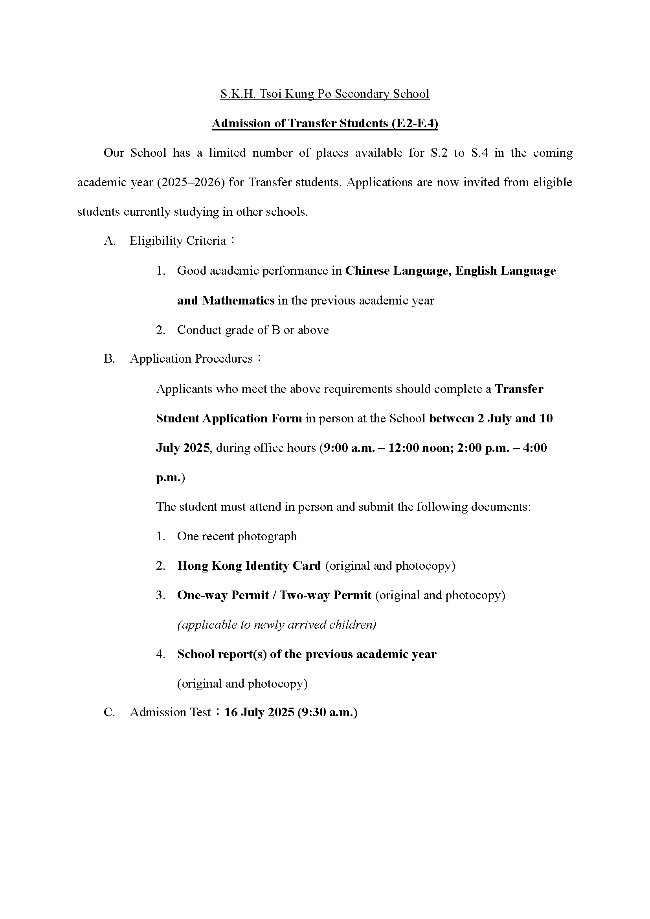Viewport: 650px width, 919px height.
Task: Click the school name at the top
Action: coord(325,94)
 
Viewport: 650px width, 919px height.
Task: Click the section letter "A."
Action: coord(110,241)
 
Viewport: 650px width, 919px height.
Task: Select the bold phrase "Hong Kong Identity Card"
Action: coord(249,566)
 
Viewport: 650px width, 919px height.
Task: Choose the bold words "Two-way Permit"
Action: coord(325,595)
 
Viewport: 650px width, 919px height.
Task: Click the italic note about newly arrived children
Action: coord(277,625)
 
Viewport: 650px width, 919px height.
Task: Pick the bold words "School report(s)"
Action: coord(222,654)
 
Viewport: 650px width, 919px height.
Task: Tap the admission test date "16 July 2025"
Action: coord(259,712)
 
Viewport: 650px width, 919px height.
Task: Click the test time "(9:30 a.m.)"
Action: coord(327,712)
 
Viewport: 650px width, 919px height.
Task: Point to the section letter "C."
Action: coord(110,712)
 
